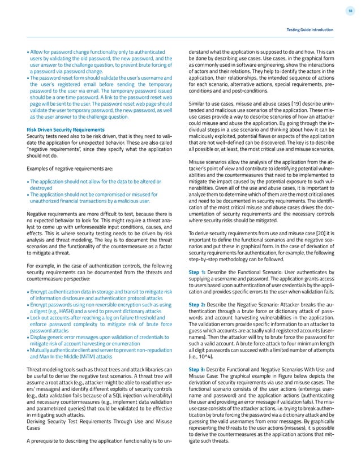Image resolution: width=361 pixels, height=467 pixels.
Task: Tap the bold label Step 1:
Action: [x=198, y=271]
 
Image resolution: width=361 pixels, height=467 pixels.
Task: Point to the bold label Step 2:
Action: [x=198, y=304]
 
